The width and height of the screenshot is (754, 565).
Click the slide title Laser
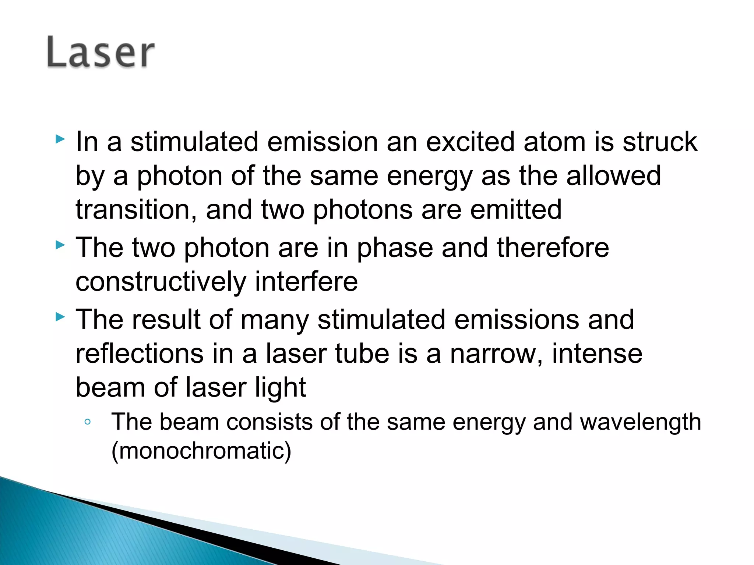[x=101, y=52]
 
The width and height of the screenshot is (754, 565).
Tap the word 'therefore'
[x=553, y=248]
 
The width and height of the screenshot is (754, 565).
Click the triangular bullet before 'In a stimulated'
[x=60, y=139]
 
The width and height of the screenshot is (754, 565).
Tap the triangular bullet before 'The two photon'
[x=60, y=245]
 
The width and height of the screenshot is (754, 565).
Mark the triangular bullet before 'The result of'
[x=60, y=317]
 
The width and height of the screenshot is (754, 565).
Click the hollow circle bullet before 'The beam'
[x=87, y=422]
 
